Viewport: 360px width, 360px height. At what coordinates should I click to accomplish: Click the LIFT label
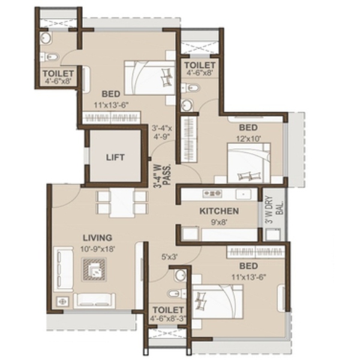(x=115, y=157)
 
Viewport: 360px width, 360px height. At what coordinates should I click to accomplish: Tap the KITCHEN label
(x=219, y=211)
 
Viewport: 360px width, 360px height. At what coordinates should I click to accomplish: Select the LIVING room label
(x=97, y=238)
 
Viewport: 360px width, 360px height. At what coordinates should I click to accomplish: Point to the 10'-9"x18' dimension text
(x=98, y=249)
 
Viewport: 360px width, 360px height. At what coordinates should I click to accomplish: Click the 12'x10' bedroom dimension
(x=248, y=139)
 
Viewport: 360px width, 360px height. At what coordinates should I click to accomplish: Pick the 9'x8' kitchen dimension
(x=219, y=222)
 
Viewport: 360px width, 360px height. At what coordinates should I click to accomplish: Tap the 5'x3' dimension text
(x=169, y=257)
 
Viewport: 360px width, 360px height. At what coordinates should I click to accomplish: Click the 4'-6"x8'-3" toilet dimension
(x=168, y=319)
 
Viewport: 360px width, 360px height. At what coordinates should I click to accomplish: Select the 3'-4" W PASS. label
(x=162, y=175)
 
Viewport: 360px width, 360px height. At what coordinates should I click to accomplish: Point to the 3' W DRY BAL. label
(x=274, y=209)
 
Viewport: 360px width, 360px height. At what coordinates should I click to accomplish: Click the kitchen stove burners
(x=212, y=194)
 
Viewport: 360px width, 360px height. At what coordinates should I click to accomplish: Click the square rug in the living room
(x=94, y=269)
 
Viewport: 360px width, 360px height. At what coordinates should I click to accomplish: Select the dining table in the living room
(x=122, y=203)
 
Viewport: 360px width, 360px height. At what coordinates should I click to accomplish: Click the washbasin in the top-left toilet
(x=46, y=37)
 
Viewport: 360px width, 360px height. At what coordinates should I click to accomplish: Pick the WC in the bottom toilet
(x=177, y=293)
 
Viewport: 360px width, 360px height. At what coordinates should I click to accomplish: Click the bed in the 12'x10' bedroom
(x=248, y=163)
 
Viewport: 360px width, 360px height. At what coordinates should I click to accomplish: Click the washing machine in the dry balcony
(x=273, y=234)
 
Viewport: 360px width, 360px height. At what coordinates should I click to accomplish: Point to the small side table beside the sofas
(x=62, y=301)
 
